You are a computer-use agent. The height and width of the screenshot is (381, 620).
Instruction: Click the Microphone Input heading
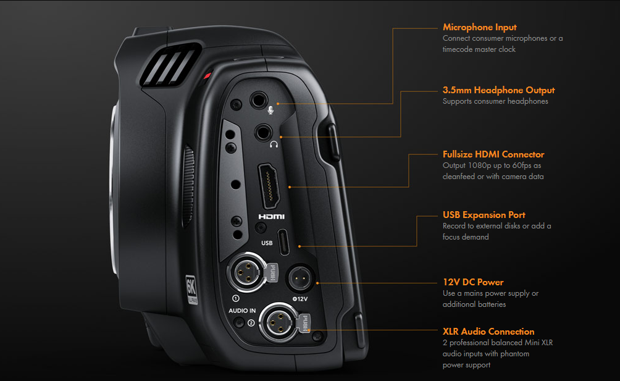pyautogui.click(x=479, y=27)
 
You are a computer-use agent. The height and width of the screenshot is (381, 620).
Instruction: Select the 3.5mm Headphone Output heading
pyautogui.click(x=498, y=90)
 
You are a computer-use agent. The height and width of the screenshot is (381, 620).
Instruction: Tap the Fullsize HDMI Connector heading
pyautogui.click(x=493, y=154)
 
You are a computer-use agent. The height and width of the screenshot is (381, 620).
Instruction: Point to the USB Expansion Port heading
pyautogui.click(x=484, y=215)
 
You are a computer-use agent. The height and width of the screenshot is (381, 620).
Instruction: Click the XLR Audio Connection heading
pyautogui.click(x=488, y=332)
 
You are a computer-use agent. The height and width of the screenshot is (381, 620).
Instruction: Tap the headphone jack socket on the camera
pyautogui.click(x=264, y=131)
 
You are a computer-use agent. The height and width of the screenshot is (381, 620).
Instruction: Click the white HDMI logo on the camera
pyautogui.click(x=270, y=217)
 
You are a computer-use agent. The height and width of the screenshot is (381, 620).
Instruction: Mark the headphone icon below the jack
pyautogui.click(x=274, y=144)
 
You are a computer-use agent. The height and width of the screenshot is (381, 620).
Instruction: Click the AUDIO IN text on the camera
pyautogui.click(x=241, y=311)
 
